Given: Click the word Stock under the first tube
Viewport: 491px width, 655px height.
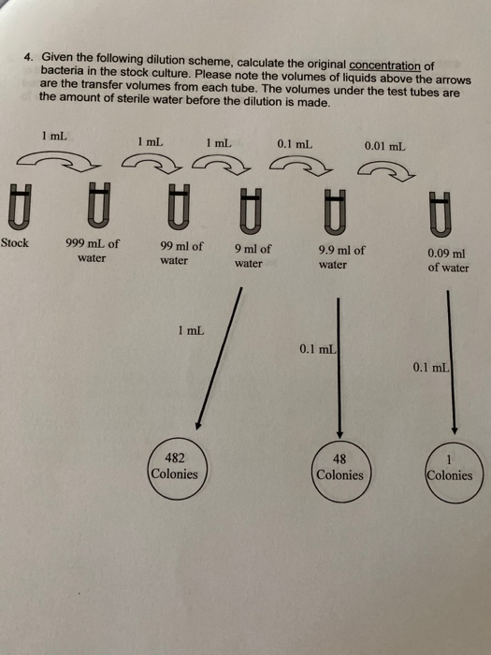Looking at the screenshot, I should [15, 242].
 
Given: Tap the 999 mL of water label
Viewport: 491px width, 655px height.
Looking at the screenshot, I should [92, 250].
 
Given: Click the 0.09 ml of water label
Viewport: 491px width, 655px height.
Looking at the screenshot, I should [448, 260].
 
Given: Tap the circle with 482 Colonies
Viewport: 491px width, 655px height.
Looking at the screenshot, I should [174, 465].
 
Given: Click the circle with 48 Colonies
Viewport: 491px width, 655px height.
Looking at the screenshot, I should [339, 467].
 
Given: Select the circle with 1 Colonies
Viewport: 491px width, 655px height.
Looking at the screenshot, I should [449, 467].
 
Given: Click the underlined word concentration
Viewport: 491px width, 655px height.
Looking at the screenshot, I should [384, 65].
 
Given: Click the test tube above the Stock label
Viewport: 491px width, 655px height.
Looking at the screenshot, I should [15, 206].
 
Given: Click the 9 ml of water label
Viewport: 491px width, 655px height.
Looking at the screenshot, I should [252, 256].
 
